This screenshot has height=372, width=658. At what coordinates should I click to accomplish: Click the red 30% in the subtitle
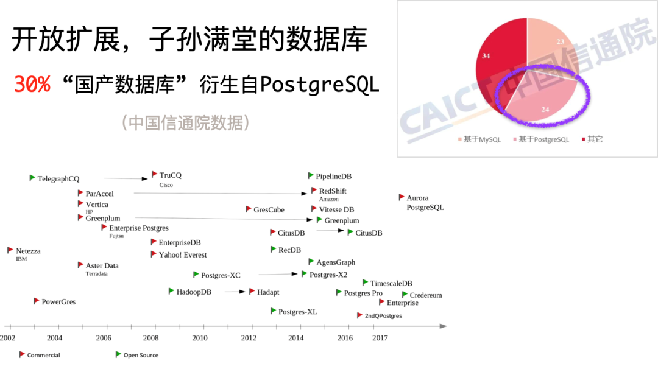point(32,85)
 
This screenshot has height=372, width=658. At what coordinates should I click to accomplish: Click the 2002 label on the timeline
point(7,338)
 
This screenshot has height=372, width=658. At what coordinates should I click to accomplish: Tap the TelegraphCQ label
point(58,179)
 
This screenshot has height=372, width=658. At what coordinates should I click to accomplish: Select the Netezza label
point(28,251)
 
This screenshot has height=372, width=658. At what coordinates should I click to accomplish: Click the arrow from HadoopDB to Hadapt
point(235,292)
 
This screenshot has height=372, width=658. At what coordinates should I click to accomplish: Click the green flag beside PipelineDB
point(311,176)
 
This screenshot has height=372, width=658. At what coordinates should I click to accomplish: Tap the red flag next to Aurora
point(402,197)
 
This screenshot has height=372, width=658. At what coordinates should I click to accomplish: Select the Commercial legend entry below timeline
point(40,355)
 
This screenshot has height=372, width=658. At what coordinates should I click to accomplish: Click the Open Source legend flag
point(118,354)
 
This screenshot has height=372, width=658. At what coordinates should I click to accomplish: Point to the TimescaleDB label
point(391,284)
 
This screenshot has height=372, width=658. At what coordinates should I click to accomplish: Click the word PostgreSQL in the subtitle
point(319,85)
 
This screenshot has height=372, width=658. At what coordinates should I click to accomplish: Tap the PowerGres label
point(58,302)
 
